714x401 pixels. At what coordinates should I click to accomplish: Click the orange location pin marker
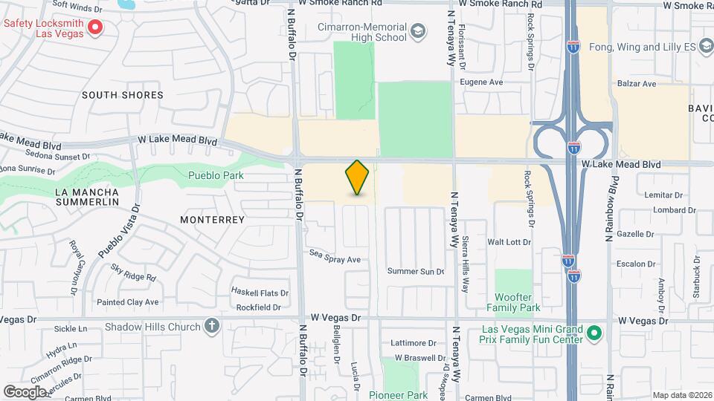point(358,177)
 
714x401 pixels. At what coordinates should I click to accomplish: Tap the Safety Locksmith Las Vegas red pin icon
point(95,28)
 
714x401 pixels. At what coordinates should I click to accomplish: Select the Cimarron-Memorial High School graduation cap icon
point(418,31)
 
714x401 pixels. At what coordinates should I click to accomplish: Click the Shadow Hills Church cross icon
point(212,326)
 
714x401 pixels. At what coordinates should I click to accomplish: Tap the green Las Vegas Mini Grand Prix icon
point(594,332)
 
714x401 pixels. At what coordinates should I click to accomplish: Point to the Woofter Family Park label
point(513,301)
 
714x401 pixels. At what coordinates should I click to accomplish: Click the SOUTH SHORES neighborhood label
point(123,95)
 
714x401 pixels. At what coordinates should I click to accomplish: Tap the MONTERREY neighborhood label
point(213,220)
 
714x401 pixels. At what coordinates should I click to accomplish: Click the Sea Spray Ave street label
point(335,260)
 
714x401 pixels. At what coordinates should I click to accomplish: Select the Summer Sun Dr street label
point(415,272)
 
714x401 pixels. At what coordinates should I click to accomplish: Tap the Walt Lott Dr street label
point(509,242)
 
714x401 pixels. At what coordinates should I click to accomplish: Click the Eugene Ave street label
point(481,82)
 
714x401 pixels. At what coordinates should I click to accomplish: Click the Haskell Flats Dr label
point(260,292)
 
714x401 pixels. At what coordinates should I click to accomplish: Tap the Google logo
point(25,391)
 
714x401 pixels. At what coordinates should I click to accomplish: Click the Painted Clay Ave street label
point(128,302)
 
